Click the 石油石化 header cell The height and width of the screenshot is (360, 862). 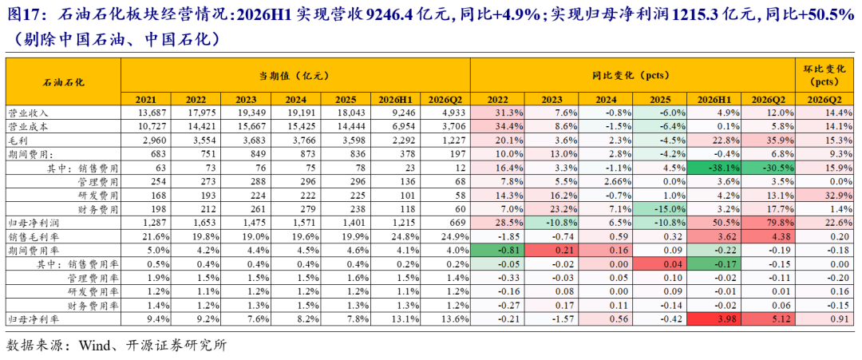(x=63, y=81)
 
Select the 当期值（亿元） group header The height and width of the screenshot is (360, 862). (x=296, y=75)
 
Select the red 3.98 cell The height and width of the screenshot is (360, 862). (x=714, y=318)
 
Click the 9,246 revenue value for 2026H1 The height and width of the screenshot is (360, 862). (x=405, y=112)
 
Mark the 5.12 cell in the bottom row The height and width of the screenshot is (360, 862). (x=768, y=318)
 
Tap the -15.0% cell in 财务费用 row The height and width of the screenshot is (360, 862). (x=660, y=209)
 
